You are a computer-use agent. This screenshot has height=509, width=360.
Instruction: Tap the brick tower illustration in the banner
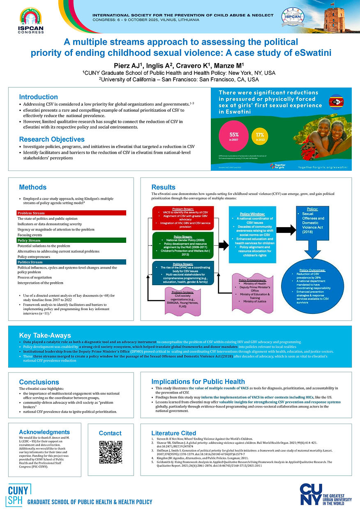tap(334, 18)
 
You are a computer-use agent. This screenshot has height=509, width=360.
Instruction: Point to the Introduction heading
tap(38, 97)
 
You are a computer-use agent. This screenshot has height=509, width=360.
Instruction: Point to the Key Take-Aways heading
tap(45, 335)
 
